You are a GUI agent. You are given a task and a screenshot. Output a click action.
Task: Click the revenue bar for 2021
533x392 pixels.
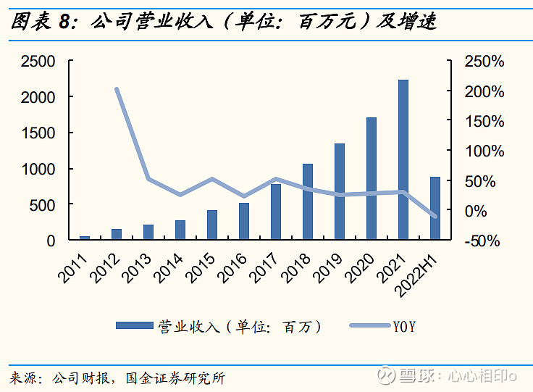click(403, 159)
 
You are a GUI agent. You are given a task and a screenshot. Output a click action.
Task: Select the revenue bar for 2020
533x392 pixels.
click(372, 178)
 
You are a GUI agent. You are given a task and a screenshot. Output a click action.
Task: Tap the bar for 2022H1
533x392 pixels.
click(435, 208)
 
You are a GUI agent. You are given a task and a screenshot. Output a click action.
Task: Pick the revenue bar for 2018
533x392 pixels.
click(308, 201)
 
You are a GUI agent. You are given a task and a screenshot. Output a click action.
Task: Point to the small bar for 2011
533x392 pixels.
click(85, 237)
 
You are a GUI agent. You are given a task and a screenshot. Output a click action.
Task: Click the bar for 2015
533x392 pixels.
click(212, 225)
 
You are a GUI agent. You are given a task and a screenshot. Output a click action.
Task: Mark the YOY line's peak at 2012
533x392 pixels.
click(117, 90)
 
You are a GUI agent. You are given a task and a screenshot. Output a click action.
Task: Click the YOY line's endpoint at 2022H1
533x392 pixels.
click(435, 216)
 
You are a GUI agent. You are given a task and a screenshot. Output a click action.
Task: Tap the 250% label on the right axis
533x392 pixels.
click(484, 62)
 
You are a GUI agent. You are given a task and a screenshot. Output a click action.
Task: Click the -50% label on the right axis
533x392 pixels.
click(484, 241)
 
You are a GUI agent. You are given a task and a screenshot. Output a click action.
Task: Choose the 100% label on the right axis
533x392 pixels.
click(484, 151)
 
